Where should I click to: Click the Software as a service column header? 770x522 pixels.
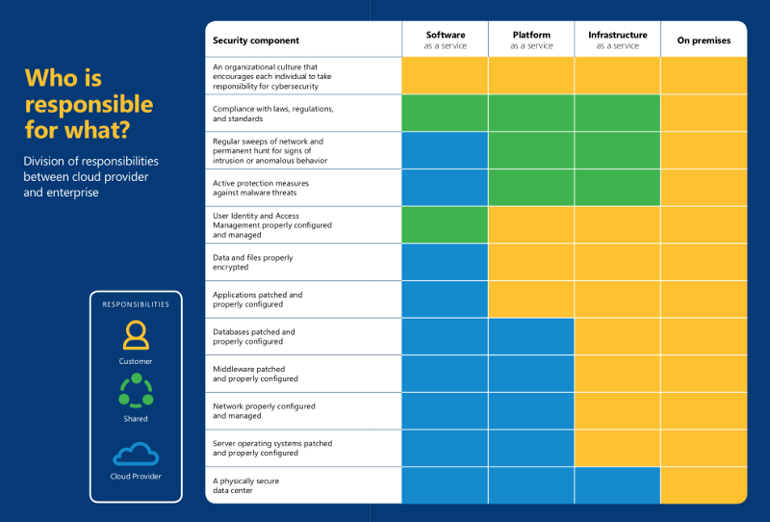[445, 39]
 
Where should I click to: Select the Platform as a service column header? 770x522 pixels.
[531, 39]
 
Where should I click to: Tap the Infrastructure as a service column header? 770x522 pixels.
[617, 39]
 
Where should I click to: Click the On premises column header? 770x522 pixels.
[704, 40]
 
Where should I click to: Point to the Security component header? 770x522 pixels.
[256, 40]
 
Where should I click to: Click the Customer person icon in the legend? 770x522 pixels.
[136, 335]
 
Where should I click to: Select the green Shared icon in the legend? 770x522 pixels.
[136, 391]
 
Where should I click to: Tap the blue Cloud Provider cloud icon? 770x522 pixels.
[136, 454]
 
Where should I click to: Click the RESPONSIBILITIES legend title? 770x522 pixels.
[136, 304]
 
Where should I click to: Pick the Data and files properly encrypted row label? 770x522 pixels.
[253, 262]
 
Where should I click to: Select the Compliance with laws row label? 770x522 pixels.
[273, 114]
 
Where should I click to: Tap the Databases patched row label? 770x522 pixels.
[254, 336]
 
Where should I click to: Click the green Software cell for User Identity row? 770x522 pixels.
[445, 224]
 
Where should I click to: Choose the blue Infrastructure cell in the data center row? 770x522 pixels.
[617, 485]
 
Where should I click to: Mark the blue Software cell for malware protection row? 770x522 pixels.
[445, 188]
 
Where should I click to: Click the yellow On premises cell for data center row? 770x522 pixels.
[704, 485]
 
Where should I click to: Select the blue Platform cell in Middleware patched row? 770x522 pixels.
[531, 374]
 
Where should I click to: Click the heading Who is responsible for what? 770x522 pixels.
[89, 103]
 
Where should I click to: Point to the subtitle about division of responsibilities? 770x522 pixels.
[91, 176]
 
